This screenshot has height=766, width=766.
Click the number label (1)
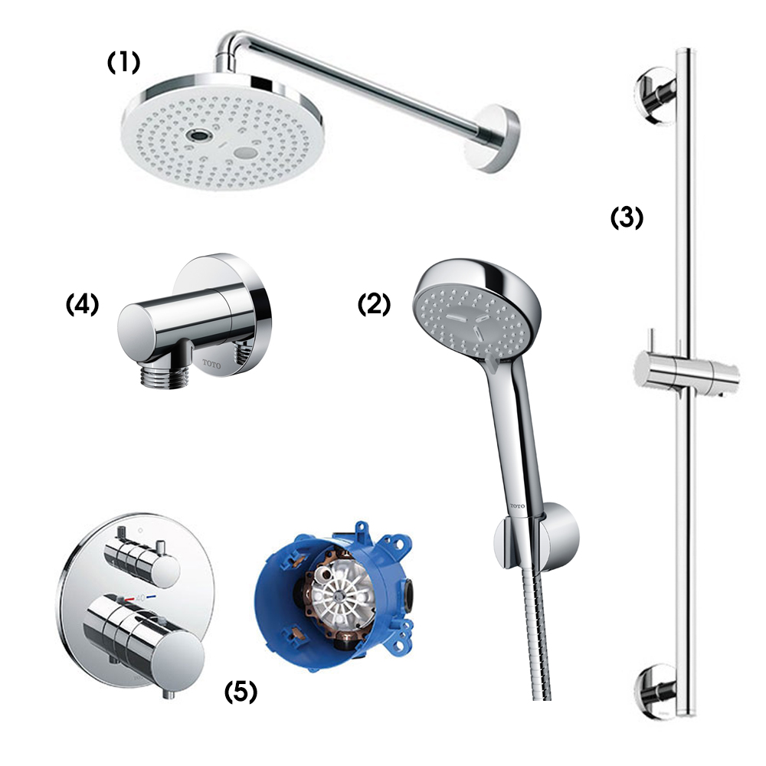[x=123, y=63]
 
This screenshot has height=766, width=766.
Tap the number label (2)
[x=375, y=304]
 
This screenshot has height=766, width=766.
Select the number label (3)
[x=626, y=218]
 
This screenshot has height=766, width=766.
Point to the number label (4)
[x=83, y=305]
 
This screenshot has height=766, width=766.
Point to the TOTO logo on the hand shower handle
[x=519, y=506]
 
